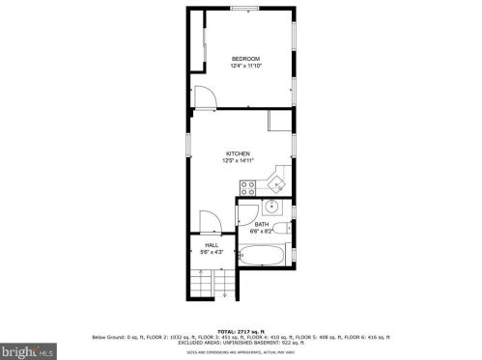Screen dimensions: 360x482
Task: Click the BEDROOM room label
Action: [x=245, y=59]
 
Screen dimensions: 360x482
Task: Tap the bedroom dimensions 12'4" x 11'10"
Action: [x=245, y=67]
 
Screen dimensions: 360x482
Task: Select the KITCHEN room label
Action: [x=238, y=153]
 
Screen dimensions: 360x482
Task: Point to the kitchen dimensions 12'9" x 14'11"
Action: [x=238, y=161]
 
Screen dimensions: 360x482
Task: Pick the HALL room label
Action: [x=212, y=245]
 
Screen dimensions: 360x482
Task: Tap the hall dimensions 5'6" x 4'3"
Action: [x=212, y=252]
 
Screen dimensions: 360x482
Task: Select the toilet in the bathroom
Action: [x=245, y=214]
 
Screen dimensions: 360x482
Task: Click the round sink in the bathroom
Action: [x=273, y=206]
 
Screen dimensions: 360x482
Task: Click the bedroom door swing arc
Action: [x=204, y=97]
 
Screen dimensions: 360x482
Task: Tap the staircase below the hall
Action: [x=211, y=284]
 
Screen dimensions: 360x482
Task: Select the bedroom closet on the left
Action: [x=198, y=41]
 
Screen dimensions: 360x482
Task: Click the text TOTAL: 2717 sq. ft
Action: [x=241, y=330]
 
